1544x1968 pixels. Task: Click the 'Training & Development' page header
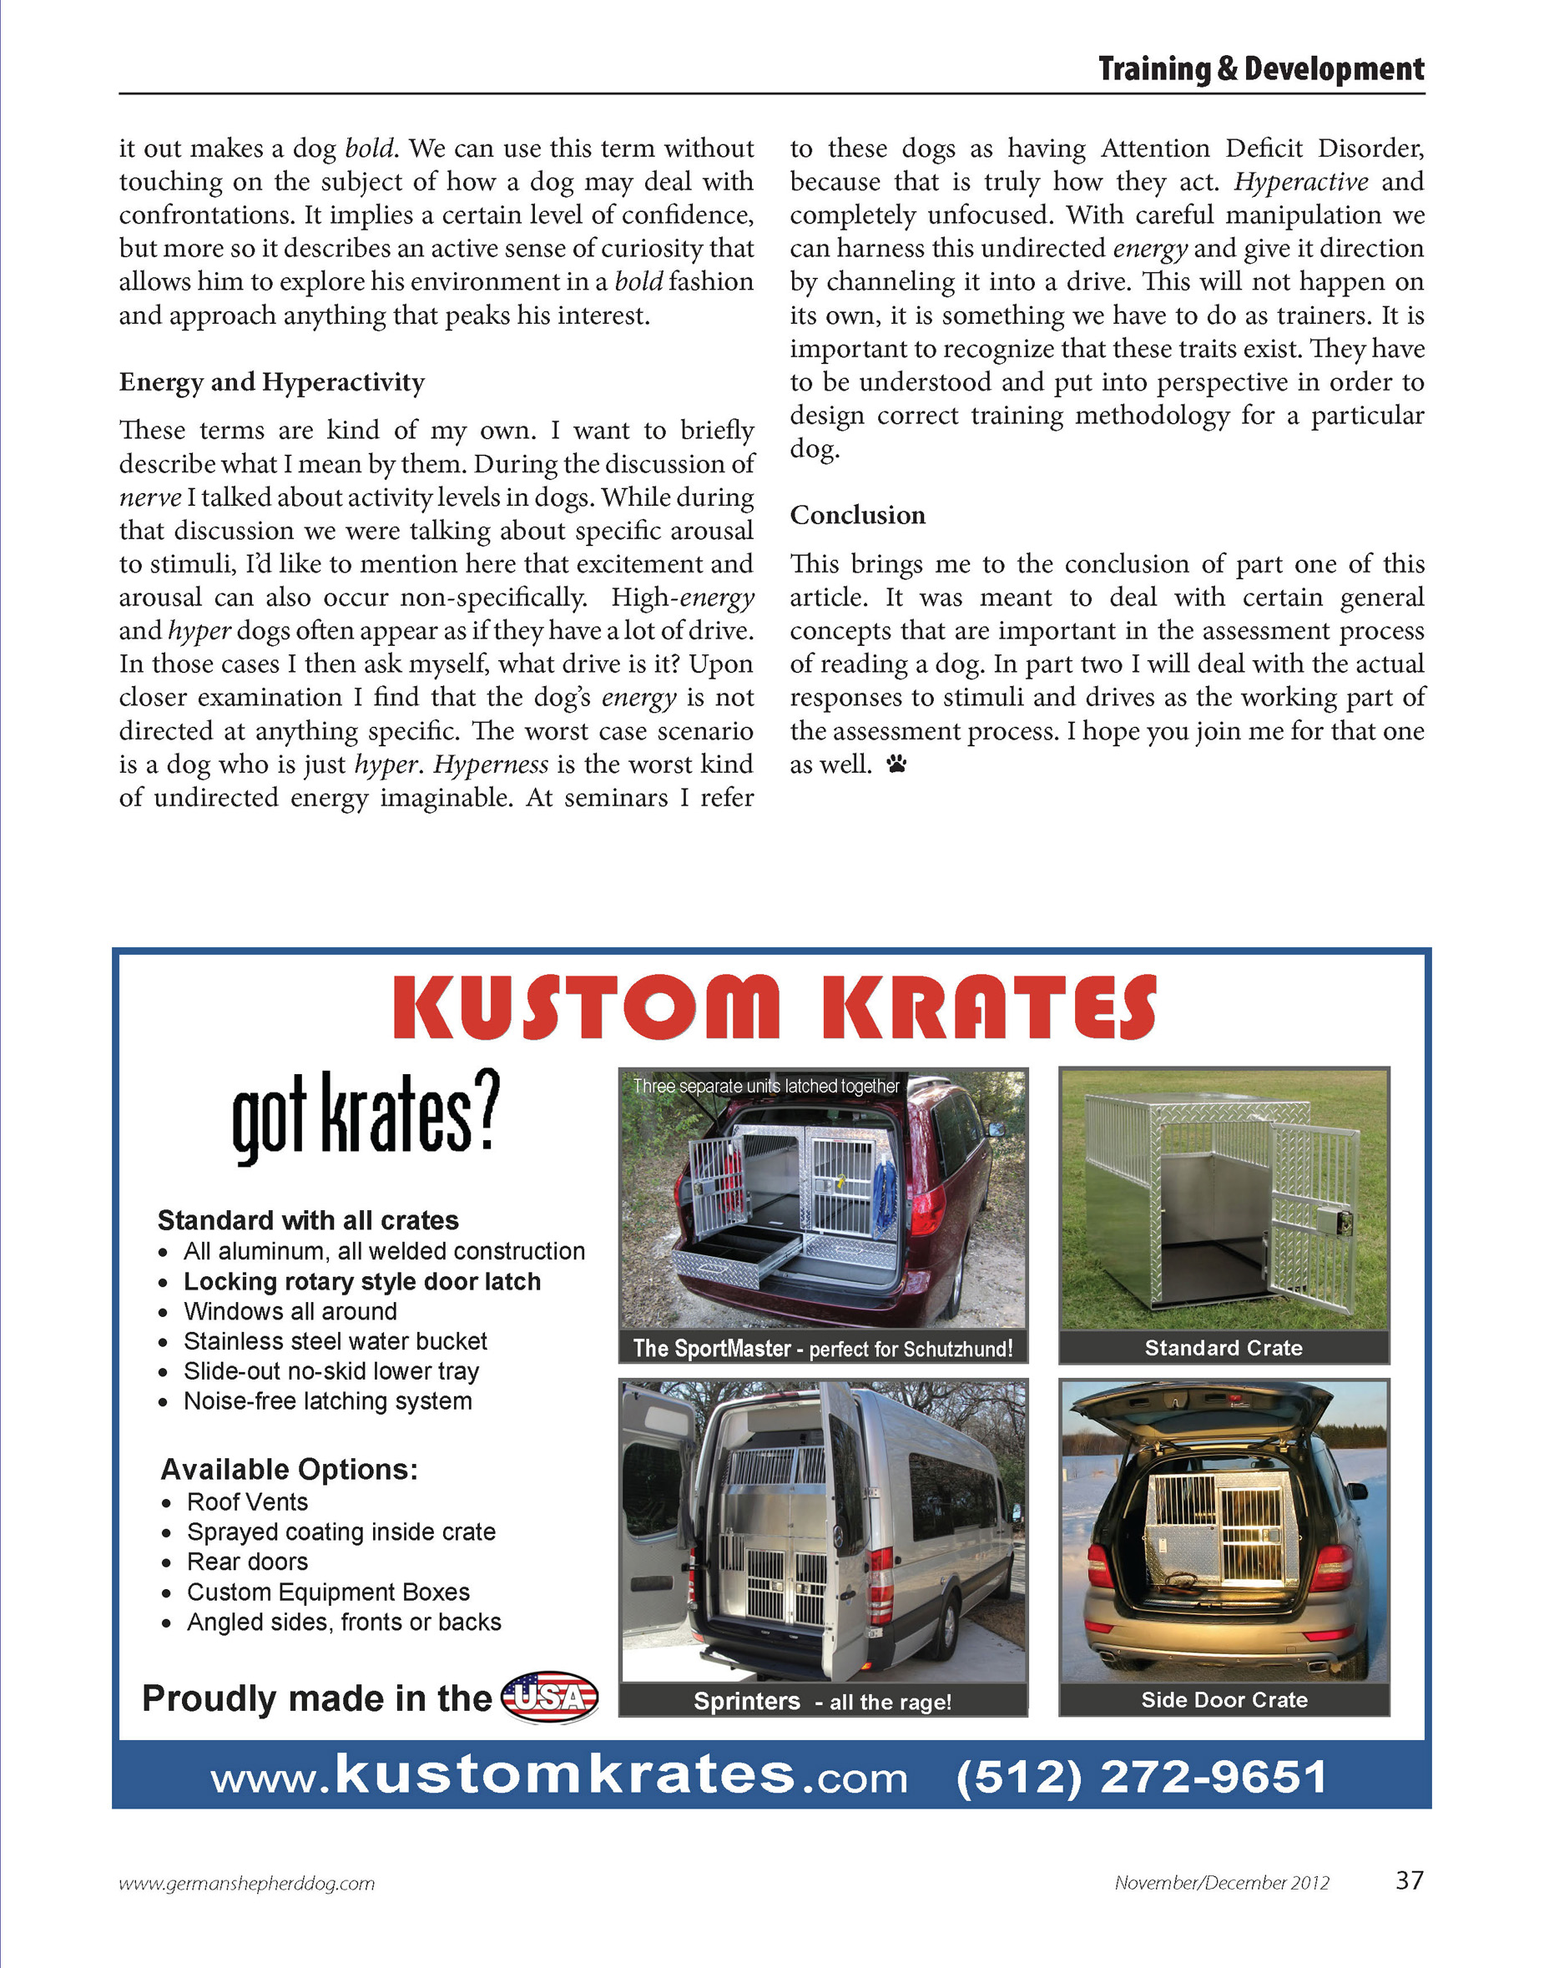point(1260,69)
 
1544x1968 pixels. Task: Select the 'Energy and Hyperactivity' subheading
point(271,382)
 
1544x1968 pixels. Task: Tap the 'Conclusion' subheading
point(857,515)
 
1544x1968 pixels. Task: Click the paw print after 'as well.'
point(896,764)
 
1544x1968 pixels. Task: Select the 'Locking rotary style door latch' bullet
point(361,1282)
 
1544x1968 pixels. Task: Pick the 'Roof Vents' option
point(247,1501)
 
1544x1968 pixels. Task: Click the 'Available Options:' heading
point(290,1469)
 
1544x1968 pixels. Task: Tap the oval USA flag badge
point(550,1698)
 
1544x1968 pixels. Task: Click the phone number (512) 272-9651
point(1142,1776)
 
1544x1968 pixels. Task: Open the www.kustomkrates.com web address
point(558,1776)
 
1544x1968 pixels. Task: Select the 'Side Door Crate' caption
point(1224,1699)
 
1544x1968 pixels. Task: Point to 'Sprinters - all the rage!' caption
point(822,1701)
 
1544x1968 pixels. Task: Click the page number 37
point(1410,1880)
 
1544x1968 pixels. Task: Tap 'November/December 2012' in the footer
point(1221,1883)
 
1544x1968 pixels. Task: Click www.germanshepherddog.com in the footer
point(247,1884)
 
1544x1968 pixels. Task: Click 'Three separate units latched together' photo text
point(765,1086)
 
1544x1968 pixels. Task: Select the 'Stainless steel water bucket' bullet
point(335,1341)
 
